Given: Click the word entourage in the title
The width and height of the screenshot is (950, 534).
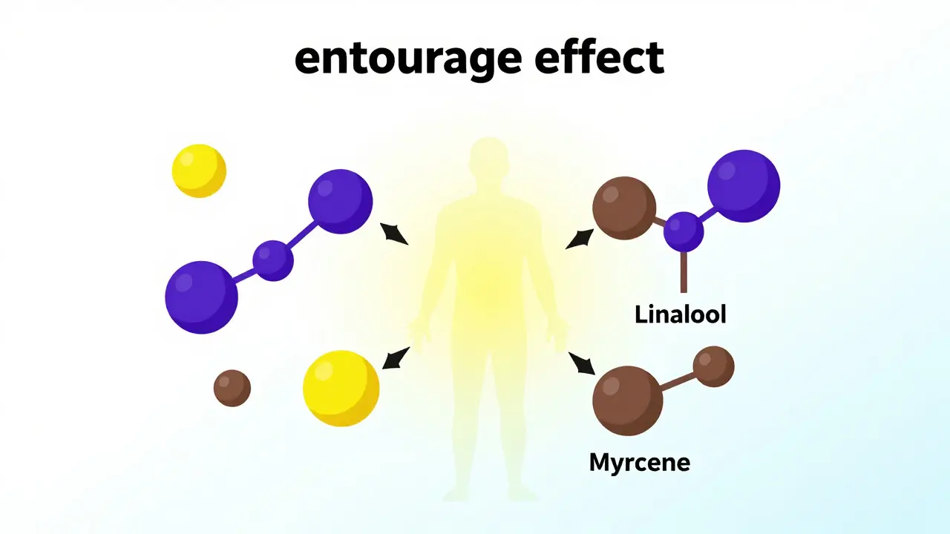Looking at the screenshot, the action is click(408, 59).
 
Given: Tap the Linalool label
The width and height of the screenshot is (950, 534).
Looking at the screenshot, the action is click(681, 314).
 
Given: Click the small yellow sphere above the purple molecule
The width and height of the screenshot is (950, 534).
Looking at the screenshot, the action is click(199, 171).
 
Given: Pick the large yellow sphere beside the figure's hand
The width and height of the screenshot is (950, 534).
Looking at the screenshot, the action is click(341, 388).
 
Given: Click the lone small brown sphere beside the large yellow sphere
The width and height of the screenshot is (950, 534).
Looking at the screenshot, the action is click(232, 388).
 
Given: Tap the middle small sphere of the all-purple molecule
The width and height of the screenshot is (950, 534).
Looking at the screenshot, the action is click(273, 260).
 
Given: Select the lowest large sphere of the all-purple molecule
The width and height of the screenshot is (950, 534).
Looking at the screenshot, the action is click(201, 297).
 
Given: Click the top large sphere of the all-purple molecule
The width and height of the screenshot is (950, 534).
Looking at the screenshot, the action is click(340, 201).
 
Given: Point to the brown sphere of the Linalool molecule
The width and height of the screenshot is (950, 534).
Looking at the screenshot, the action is click(624, 208).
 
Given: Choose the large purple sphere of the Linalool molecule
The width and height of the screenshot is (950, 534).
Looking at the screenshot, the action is click(744, 185).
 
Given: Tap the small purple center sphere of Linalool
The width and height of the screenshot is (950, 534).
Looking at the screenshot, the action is click(684, 232).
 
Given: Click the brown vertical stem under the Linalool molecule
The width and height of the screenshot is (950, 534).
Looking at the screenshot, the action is click(684, 272).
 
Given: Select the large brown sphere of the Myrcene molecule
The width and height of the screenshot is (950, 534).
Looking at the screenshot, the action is click(628, 401).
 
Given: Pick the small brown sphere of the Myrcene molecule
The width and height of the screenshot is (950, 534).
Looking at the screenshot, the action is click(714, 366).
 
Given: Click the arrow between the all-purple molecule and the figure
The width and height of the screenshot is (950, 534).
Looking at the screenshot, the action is click(394, 234).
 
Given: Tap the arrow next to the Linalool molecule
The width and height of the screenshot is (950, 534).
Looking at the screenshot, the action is click(580, 239).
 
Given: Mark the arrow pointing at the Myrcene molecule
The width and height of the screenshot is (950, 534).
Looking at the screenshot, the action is click(582, 363).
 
